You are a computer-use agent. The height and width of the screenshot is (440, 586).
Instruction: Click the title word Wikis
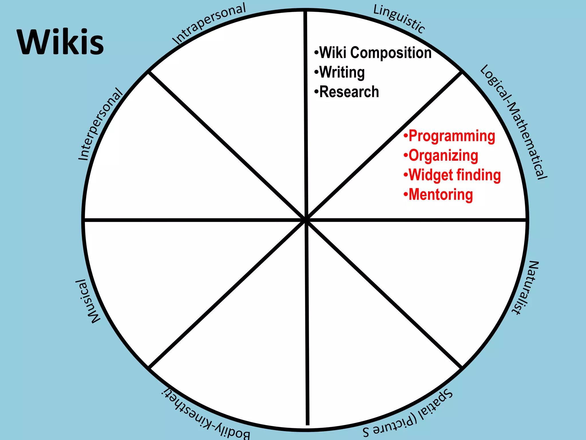60,42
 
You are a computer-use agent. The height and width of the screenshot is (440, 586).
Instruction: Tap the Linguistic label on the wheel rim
399,19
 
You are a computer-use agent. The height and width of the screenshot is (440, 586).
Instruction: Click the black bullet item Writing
342,72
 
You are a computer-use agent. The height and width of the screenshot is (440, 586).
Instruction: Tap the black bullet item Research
349,92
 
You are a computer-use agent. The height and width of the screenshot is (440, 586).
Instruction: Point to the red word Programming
452,136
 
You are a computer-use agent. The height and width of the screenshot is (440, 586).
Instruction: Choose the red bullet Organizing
443,156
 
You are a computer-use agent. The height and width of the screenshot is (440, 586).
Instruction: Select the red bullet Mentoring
441,195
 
